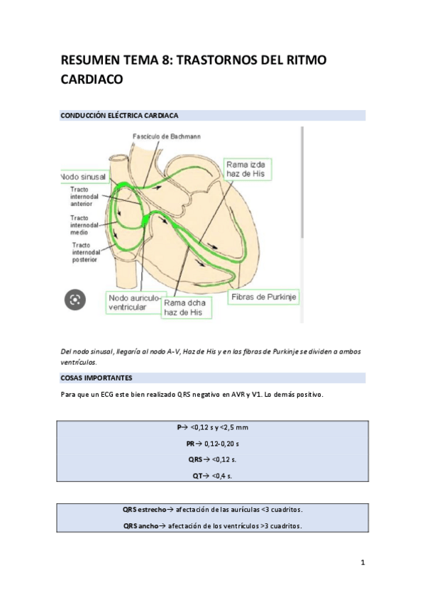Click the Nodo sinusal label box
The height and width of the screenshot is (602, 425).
[x=83, y=176]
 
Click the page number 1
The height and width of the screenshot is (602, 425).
[x=363, y=564]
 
